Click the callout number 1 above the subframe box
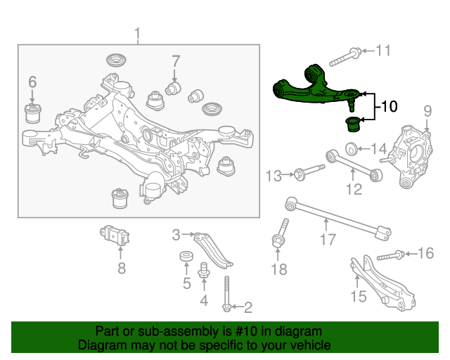[x=138, y=33]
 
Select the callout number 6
[x=32, y=83]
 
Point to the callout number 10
[x=389, y=106]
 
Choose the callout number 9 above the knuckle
[x=426, y=110]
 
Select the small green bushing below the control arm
[x=353, y=125]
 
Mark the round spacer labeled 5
[x=186, y=257]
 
